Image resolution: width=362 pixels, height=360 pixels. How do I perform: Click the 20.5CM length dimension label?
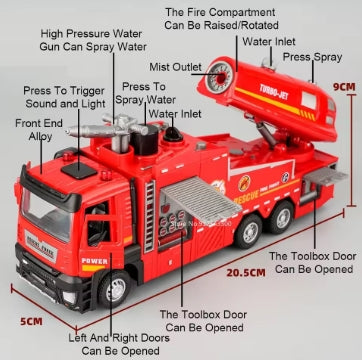(x=246, y=271)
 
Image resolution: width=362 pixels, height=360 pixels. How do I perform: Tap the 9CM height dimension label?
(x=345, y=87)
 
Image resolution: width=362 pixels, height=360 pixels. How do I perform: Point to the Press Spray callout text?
(x=311, y=58)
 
